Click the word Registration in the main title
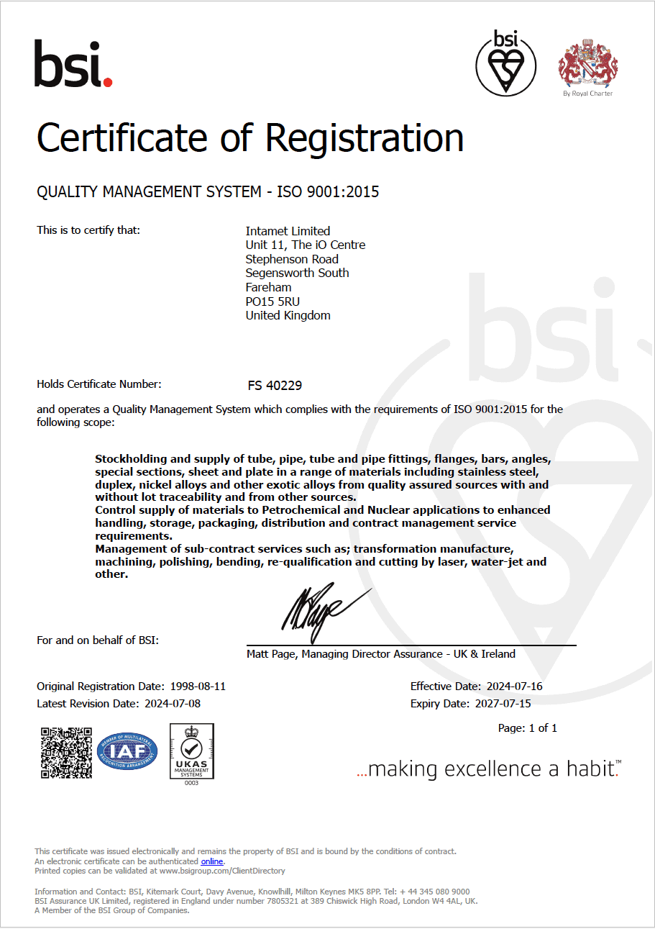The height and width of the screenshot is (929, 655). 365,137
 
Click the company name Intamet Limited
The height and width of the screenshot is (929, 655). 288,231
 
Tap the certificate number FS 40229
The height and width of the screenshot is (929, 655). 275,386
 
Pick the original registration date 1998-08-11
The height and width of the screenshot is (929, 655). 197,686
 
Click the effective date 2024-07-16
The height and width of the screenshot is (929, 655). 514,686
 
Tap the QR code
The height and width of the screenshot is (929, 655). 66,753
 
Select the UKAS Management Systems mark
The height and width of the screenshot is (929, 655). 191,753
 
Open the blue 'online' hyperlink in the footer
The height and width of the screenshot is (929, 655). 211,861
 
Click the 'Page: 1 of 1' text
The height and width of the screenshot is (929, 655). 527,728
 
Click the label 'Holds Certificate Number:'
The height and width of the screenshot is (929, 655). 99,384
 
